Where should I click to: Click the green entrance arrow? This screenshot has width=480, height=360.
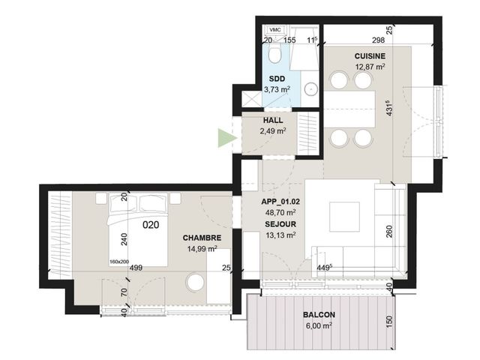click(226, 138)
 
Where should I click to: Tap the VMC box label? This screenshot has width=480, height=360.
click(274, 30)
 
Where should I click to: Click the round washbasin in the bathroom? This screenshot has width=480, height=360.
click(311, 89)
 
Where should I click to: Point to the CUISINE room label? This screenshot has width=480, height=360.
click(370, 56)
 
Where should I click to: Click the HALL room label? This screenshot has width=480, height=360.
click(273, 120)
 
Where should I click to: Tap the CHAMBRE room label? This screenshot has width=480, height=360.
click(202, 238)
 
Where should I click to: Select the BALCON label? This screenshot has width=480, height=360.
click(319, 315)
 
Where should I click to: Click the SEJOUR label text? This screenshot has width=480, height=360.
click(280, 224)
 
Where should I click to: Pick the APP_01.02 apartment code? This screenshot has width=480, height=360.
click(280, 202)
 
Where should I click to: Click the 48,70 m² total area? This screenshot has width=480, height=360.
click(280, 212)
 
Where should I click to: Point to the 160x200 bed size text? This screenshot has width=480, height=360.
click(119, 262)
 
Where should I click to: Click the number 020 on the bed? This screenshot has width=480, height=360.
click(151, 225)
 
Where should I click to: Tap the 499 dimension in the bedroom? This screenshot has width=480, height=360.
click(136, 268)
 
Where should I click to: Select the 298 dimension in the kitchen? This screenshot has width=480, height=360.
click(378, 40)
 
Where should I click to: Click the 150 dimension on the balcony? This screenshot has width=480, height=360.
click(389, 322)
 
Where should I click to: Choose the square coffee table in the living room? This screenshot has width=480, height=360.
click(344, 217)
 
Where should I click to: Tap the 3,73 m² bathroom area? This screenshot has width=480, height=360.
click(277, 89)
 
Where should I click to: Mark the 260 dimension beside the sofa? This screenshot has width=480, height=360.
click(389, 232)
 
